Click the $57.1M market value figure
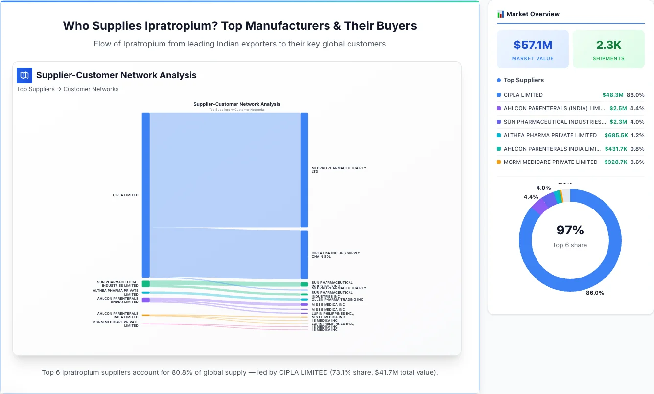[533, 45]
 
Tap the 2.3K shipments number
[608, 45]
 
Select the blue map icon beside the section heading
[24, 75]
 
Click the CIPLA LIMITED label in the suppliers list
[523, 95]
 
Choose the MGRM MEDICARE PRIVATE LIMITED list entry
[550, 162]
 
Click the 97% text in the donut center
[570, 230]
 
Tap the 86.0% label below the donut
[595, 293]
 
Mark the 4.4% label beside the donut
[531, 197]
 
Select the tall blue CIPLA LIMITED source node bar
[146, 195]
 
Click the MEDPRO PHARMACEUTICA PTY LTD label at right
[338, 170]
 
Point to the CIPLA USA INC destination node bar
[304, 255]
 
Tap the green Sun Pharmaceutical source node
[146, 284]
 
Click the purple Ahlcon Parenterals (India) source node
[146, 300]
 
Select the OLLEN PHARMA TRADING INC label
[337, 300]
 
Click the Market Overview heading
[533, 14]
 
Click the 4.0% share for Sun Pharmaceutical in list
[637, 122]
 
